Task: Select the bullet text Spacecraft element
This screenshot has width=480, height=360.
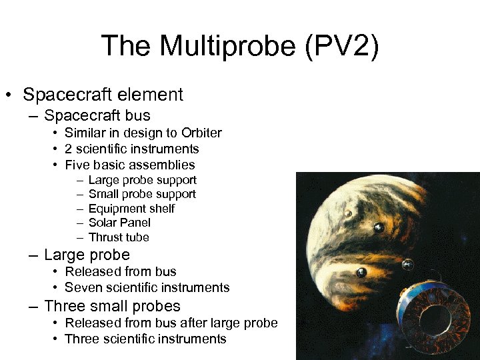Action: pyautogui.click(x=103, y=95)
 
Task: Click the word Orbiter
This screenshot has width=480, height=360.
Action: pyautogui.click(x=197, y=133)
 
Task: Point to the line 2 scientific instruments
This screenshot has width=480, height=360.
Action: pyautogui.click(x=132, y=149)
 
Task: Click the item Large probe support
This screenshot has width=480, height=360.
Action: pyautogui.click(x=143, y=180)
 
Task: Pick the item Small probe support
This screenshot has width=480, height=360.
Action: pyautogui.click(x=142, y=194)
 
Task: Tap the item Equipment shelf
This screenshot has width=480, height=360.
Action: pyautogui.click(x=131, y=209)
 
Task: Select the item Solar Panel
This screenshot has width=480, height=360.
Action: pyautogui.click(x=119, y=223)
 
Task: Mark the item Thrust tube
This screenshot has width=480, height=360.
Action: pyautogui.click(x=119, y=237)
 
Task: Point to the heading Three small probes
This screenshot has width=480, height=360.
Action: pyautogui.click(x=112, y=306)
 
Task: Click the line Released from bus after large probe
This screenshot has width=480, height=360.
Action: pyautogui.click(x=171, y=323)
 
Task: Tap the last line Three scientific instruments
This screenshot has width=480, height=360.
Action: pyautogui.click(x=145, y=339)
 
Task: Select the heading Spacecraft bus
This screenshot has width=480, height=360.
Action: pyautogui.click(x=97, y=115)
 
